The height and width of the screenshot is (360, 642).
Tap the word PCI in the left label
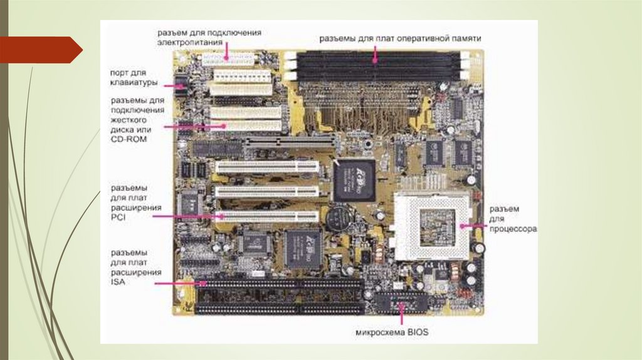coord(118,216)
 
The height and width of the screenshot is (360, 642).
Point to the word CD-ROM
coord(129,139)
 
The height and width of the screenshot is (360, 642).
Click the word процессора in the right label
coord(513,230)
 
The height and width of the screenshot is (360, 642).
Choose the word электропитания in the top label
coord(190,42)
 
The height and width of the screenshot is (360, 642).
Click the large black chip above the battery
coord(354,179)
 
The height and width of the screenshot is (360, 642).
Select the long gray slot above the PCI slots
coord(289,142)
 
